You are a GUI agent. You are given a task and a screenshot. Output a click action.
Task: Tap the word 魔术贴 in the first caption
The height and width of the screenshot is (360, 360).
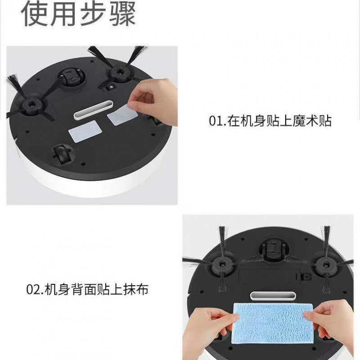tap(312, 121)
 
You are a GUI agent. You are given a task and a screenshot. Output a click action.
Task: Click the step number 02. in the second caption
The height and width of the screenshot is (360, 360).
tap(35, 289)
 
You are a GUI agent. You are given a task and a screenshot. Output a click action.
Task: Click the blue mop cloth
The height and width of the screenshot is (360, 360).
tap(273, 324)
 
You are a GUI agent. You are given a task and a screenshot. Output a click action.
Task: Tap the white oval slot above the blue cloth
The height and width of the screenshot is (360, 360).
tap(273, 296)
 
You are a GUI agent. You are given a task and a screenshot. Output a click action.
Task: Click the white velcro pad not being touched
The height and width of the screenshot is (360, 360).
tap(85, 131)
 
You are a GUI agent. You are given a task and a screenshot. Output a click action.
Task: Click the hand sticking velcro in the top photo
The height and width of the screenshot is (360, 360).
tap(154, 101)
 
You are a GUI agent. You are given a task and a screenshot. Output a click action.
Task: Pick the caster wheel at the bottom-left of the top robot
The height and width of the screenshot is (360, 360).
tap(62, 154)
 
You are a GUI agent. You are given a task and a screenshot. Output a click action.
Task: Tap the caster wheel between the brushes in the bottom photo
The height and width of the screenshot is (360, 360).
tap(274, 250)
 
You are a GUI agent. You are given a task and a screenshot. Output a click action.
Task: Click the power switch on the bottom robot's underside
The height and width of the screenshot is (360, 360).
tap(302, 277)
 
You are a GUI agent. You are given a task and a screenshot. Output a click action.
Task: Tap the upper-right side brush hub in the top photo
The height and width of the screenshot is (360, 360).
tap(119, 73)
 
